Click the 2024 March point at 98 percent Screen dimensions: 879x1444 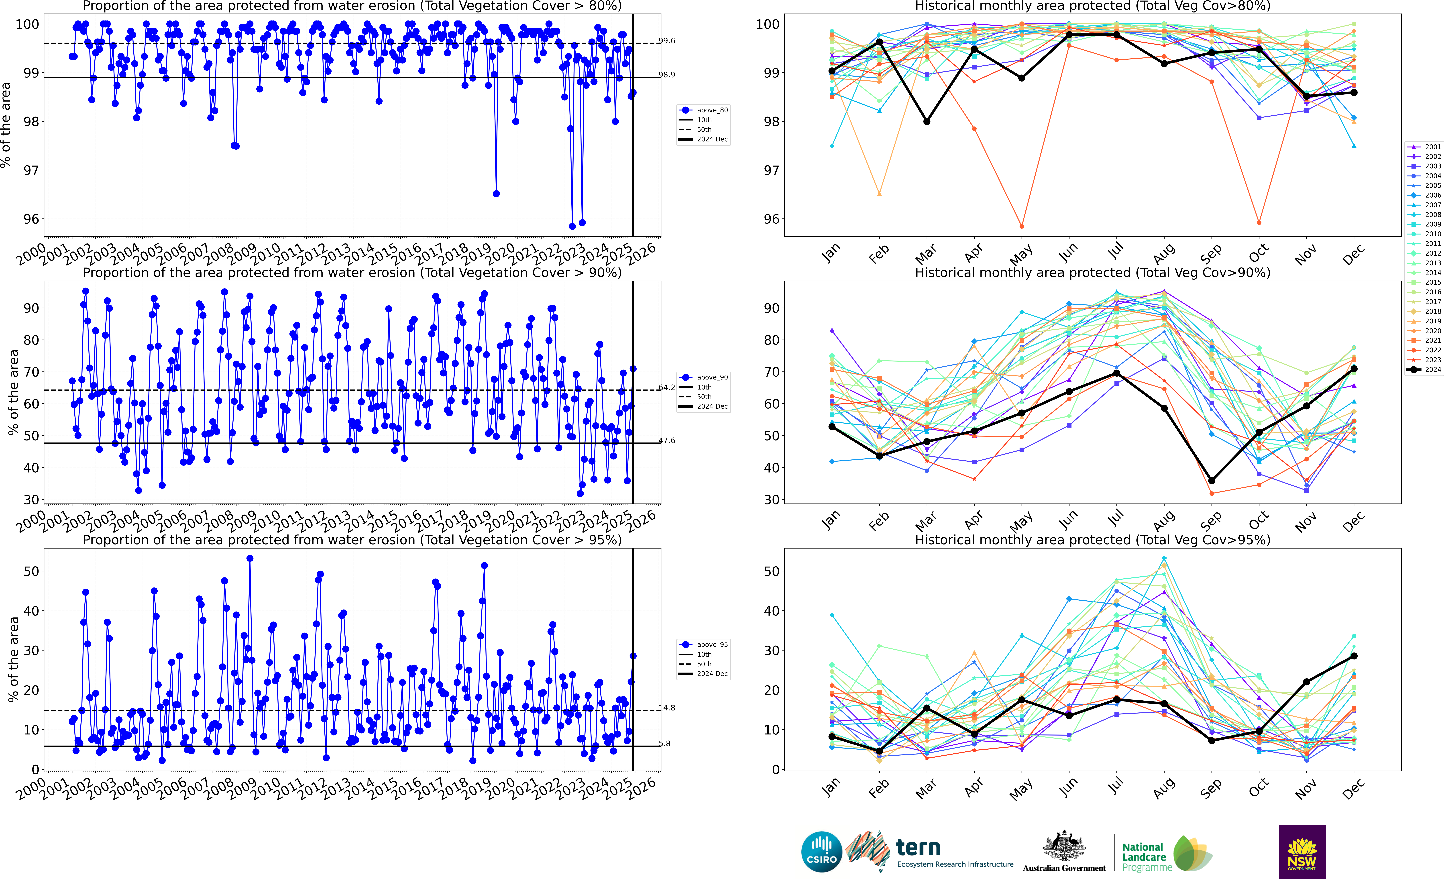(x=927, y=121)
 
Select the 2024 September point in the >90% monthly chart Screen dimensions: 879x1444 (x=1211, y=481)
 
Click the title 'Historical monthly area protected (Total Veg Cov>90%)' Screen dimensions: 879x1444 (x=1092, y=273)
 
